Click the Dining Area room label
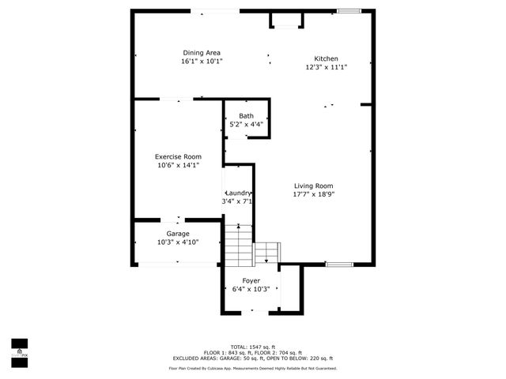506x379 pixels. point(202,52)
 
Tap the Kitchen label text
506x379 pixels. point(326,59)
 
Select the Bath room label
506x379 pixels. point(247,116)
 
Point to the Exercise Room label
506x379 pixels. point(177,156)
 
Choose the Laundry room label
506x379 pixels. point(238,193)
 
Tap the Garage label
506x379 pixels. point(177,234)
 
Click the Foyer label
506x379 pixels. point(251,280)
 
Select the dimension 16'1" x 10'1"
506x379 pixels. point(202,61)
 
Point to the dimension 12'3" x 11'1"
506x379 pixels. point(326,67)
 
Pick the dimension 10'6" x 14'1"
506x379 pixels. point(177,165)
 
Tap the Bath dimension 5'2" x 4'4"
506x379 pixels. point(247,124)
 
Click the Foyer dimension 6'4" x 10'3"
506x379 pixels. point(251,289)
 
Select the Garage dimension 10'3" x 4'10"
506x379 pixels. point(177,242)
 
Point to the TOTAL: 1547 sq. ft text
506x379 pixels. point(253,347)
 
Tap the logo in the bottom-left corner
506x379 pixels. point(18,350)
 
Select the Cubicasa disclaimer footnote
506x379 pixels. point(253,368)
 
